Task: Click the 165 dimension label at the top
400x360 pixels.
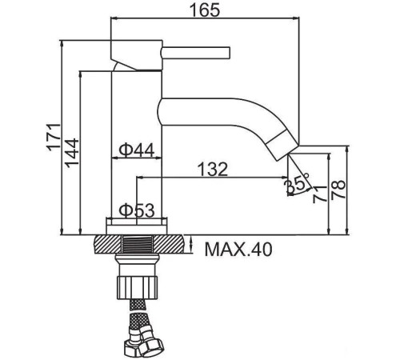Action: pyautogui.click(x=205, y=10)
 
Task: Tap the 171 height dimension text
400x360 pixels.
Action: pyautogui.click(x=54, y=137)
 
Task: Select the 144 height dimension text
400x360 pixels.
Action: pyautogui.click(x=72, y=153)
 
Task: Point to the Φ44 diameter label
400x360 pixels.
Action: pyautogui.click(x=137, y=150)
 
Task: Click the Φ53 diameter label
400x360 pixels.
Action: pyautogui.click(x=137, y=210)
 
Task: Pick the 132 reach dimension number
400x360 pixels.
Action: pyautogui.click(x=213, y=169)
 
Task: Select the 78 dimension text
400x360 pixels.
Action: pyautogui.click(x=338, y=189)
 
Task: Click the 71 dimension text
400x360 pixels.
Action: pyautogui.click(x=319, y=194)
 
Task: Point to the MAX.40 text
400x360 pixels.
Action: pyautogui.click(x=238, y=250)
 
